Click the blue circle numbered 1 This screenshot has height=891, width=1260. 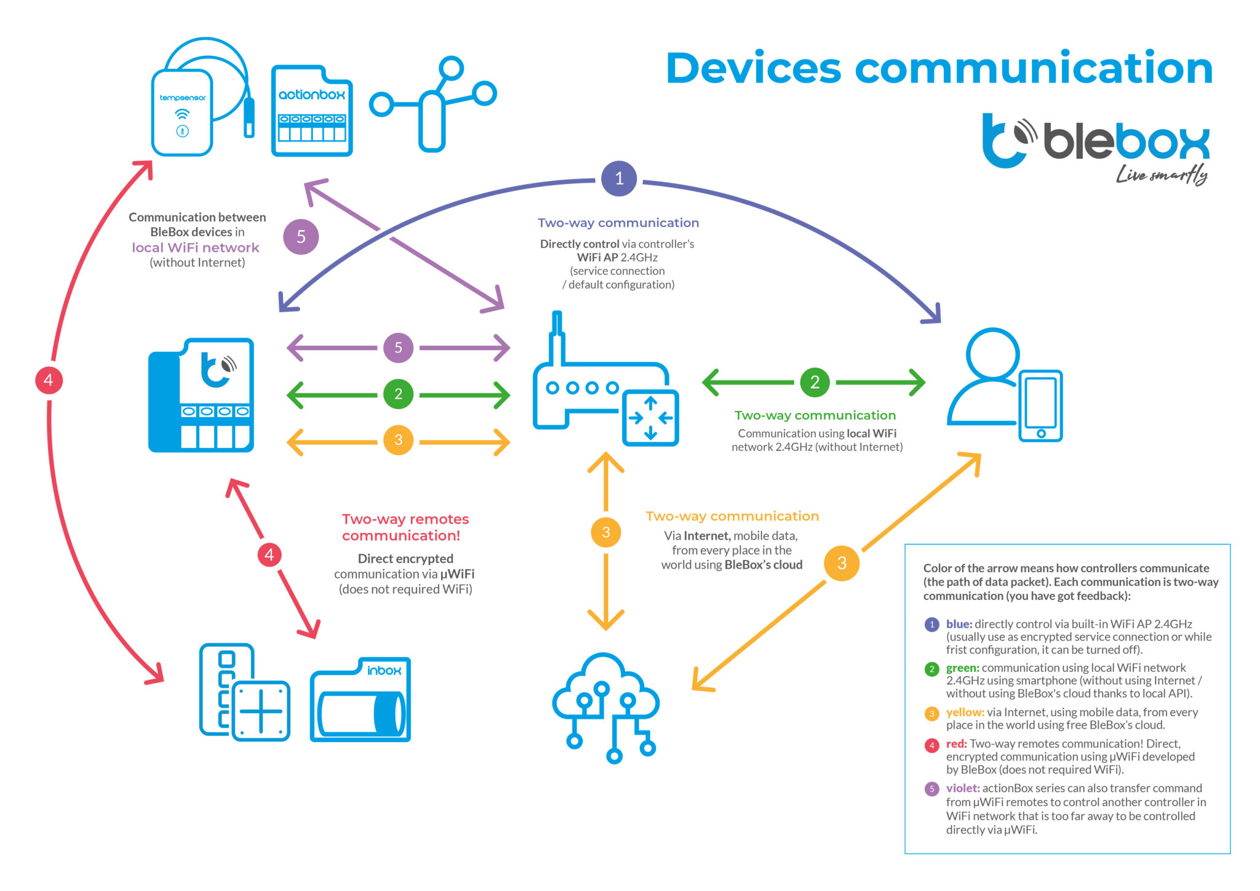(x=619, y=178)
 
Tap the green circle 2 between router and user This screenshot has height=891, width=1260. (x=815, y=382)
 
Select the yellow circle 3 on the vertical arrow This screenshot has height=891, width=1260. (x=605, y=532)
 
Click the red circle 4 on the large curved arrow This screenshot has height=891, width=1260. (x=49, y=380)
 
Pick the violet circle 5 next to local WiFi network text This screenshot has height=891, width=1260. (x=301, y=236)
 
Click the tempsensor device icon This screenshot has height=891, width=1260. (x=183, y=112)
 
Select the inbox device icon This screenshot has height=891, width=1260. (x=361, y=700)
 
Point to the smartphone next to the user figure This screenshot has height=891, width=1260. (x=1040, y=406)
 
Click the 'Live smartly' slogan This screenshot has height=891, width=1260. (x=1162, y=175)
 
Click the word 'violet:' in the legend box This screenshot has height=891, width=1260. (x=962, y=788)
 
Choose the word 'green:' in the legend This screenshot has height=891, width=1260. (x=962, y=668)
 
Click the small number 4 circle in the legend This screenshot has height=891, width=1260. (x=931, y=745)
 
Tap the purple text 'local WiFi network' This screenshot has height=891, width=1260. (x=196, y=247)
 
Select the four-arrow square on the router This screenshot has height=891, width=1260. (x=650, y=418)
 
